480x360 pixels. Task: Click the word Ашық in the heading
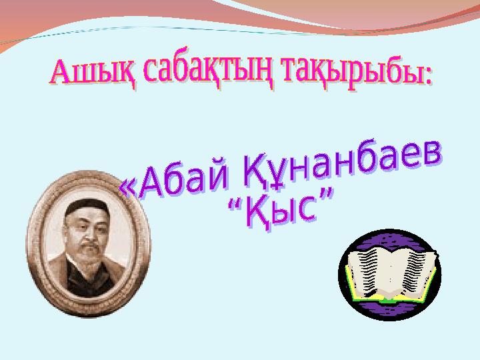(93, 72)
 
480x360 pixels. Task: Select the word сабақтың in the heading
(209, 71)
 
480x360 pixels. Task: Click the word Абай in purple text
(184, 179)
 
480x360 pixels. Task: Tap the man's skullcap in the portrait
(87, 207)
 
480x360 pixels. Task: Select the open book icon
(389, 275)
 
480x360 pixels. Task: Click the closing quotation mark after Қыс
(325, 195)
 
